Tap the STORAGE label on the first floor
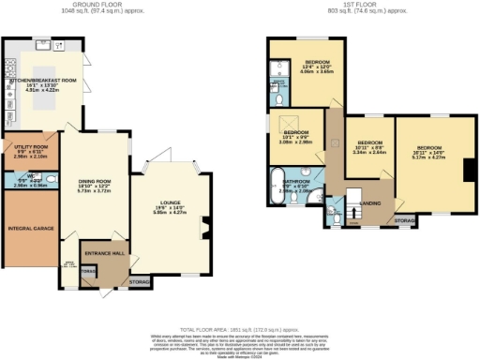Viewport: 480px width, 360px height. click(404, 221)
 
